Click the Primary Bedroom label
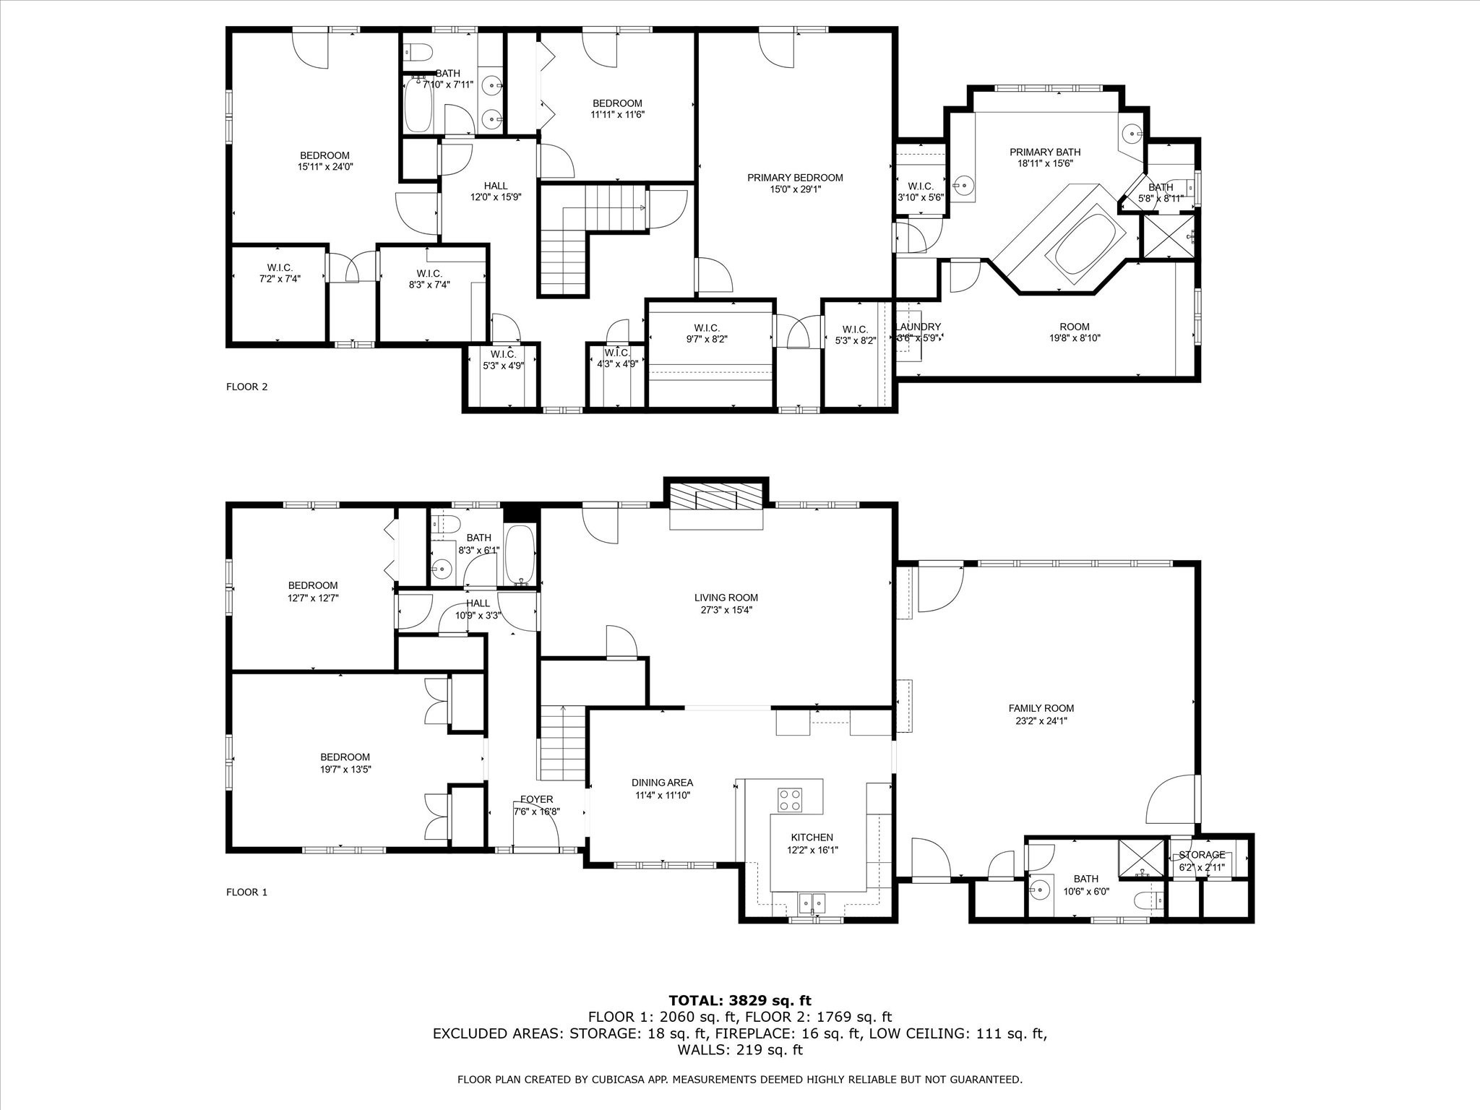[x=795, y=178]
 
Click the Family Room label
[x=1041, y=708]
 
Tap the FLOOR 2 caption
[x=247, y=387]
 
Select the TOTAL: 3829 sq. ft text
[x=740, y=1001]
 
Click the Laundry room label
[x=919, y=327]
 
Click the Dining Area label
[x=662, y=783]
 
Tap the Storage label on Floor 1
[x=1202, y=855]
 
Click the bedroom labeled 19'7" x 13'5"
[x=345, y=763]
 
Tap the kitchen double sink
[x=813, y=903]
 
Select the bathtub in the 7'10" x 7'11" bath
[x=418, y=105]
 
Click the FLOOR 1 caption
[x=247, y=892]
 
